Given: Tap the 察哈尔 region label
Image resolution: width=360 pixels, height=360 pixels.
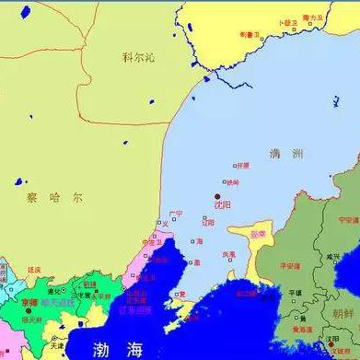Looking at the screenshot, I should point(42,197).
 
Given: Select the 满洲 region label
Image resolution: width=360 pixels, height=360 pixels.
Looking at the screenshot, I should point(281,154).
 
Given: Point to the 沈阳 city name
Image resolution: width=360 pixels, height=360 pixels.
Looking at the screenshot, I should point(222,206).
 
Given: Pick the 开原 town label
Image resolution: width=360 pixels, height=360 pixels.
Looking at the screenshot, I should point(242,166).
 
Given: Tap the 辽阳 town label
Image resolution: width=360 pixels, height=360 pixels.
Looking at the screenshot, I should point(208,222).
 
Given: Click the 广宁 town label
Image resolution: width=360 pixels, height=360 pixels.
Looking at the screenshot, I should point(176,214).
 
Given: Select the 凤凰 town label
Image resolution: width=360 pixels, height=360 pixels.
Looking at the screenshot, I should point(228,254).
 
